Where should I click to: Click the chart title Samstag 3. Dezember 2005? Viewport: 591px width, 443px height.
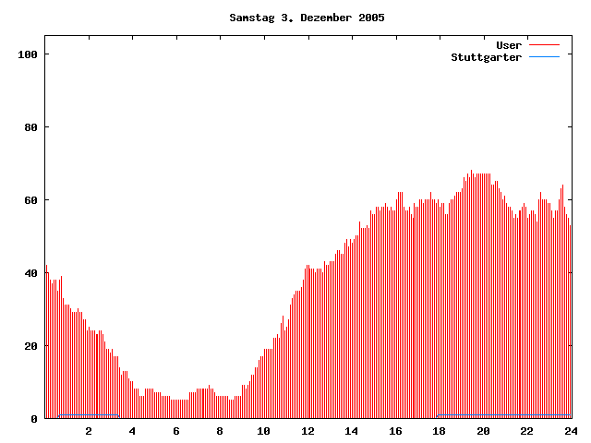[x=307, y=18]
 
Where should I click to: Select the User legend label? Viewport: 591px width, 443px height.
[x=509, y=45]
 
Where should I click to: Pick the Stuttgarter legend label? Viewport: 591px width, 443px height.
[x=486, y=57]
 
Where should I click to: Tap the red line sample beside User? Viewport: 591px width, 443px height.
[x=544, y=45]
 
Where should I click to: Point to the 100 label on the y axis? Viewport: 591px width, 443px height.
[x=28, y=54]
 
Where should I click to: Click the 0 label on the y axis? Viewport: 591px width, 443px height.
[x=34, y=419]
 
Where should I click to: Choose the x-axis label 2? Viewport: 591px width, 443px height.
[x=89, y=431]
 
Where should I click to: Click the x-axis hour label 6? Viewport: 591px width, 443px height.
[x=176, y=431]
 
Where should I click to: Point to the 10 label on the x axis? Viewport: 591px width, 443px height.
[x=263, y=431]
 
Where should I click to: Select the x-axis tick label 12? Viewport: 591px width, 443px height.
[x=308, y=431]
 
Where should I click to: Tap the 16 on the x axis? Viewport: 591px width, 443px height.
[x=395, y=431]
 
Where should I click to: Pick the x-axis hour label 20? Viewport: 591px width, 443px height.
[x=483, y=431]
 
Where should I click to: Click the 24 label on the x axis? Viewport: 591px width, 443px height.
[x=571, y=431]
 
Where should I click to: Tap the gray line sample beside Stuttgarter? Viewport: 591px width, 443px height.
[x=544, y=57]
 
